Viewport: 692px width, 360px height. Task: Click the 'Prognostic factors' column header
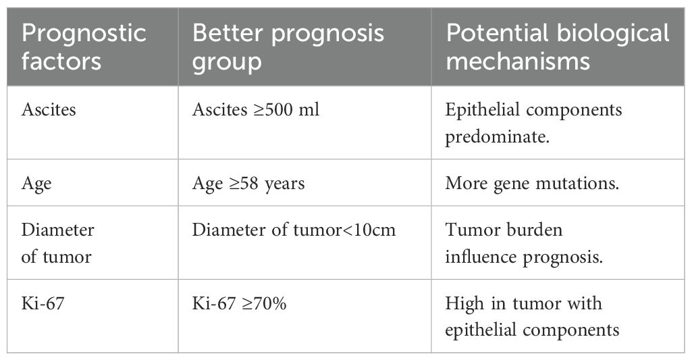point(84,47)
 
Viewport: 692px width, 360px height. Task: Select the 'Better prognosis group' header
point(288,47)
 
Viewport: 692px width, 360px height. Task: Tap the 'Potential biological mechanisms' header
point(558,47)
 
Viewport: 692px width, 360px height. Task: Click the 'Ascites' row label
point(49,109)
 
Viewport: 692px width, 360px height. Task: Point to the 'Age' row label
point(36,184)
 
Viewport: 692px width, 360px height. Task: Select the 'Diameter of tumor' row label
point(57,243)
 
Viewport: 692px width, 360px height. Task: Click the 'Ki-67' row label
point(43,303)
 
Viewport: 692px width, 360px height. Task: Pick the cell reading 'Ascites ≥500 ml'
point(255,109)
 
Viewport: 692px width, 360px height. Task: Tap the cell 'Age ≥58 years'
point(248,184)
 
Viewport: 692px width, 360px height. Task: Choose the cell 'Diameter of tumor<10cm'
point(294,230)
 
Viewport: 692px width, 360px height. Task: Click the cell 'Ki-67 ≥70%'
point(239,303)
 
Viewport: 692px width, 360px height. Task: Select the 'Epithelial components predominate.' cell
point(533,123)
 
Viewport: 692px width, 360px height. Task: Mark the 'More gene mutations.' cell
point(532,184)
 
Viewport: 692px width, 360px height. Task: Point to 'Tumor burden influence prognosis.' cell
point(524,243)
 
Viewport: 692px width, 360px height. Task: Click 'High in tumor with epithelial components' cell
point(532,317)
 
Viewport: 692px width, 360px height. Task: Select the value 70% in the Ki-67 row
point(271,303)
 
